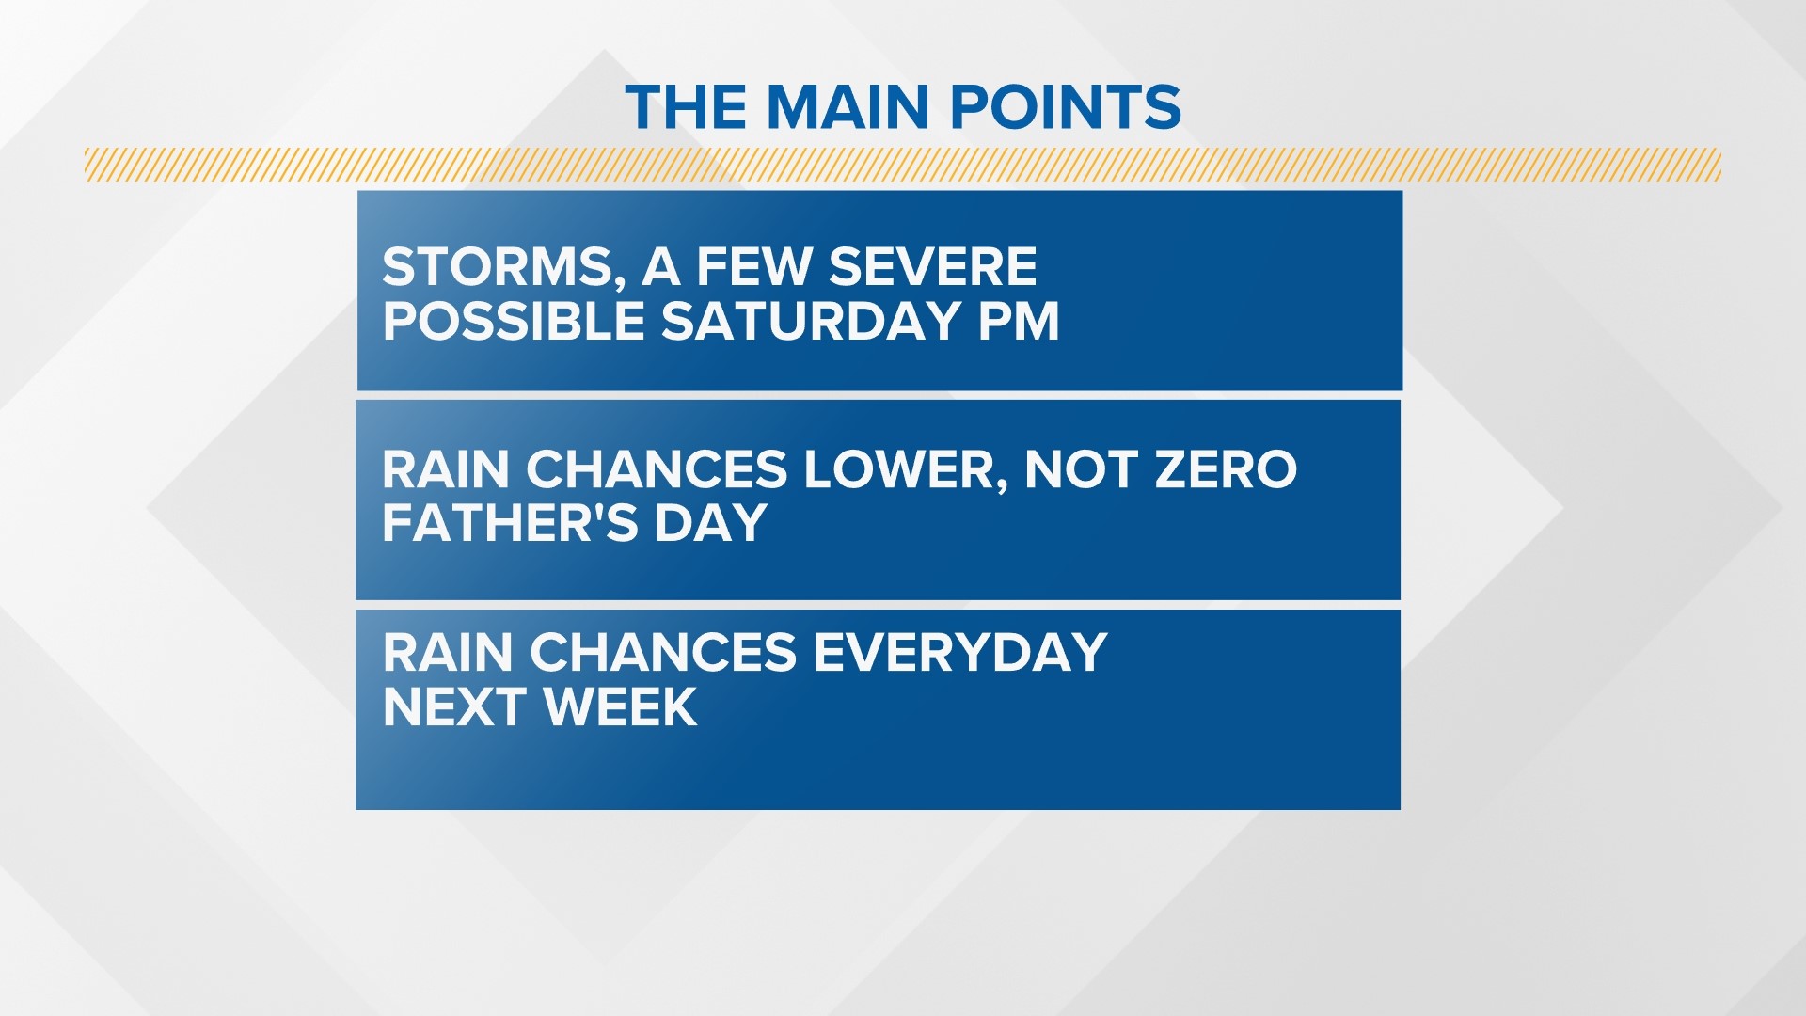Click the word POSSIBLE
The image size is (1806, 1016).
click(513, 322)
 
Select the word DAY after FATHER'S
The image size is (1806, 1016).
click(711, 522)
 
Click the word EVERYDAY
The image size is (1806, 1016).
click(959, 652)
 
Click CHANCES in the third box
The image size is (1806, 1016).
click(663, 652)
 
